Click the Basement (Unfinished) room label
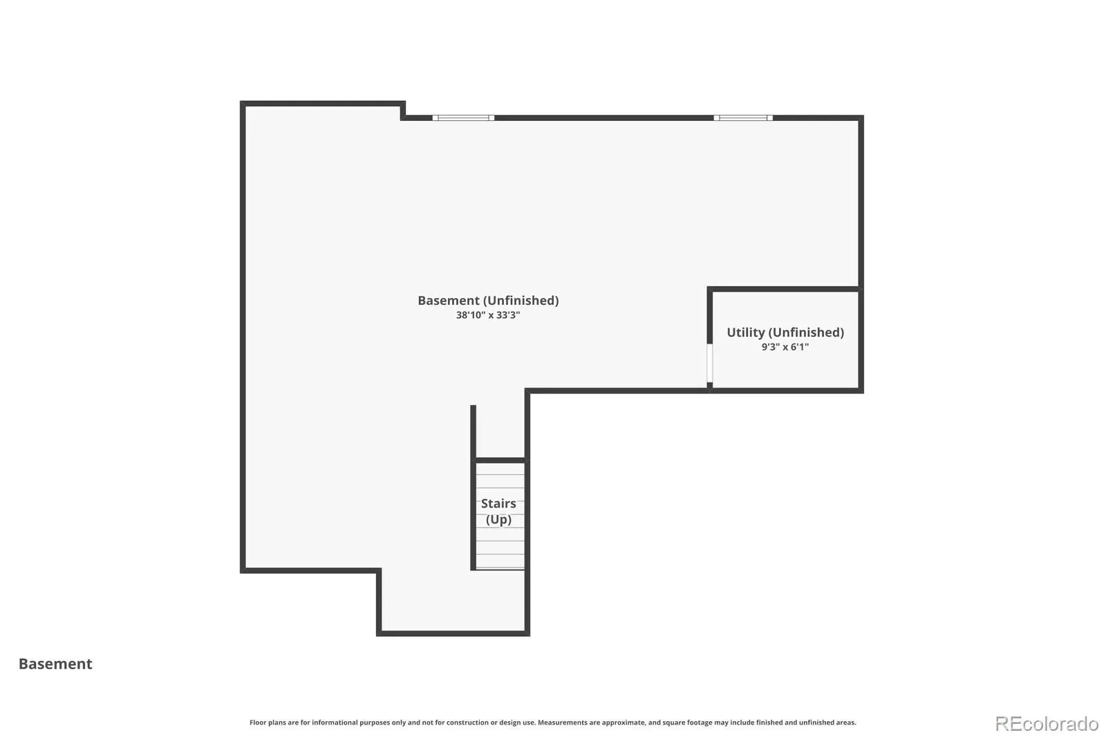488,300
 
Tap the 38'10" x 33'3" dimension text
488,315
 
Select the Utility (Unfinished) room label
785,333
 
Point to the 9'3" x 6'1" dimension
785,347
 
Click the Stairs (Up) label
498,511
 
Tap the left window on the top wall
463,118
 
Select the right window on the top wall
743,118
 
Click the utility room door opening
709,363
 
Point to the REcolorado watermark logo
1047,724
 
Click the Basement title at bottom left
55,664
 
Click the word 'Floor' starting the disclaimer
258,722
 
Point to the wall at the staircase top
500,460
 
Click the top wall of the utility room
785,289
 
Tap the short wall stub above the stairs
473,432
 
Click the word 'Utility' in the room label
746,333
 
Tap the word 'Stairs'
498,503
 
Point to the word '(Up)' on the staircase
498,520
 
